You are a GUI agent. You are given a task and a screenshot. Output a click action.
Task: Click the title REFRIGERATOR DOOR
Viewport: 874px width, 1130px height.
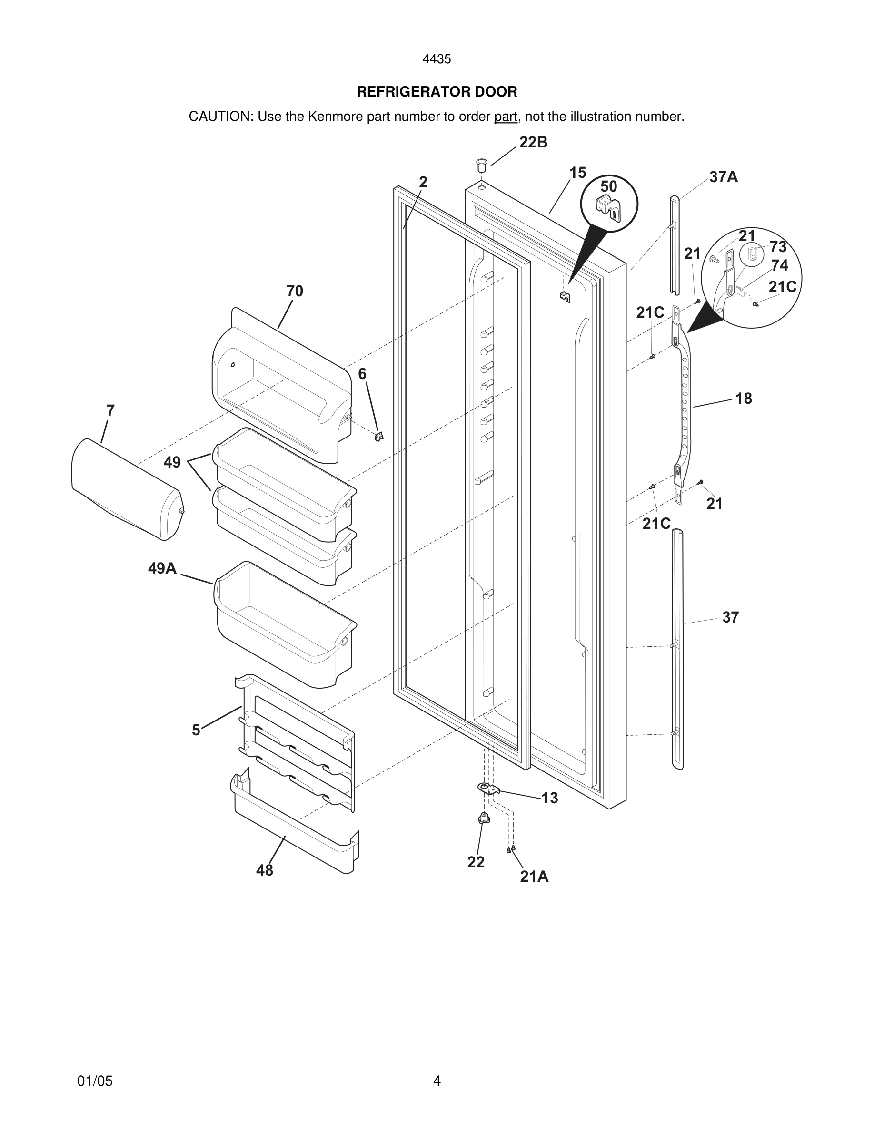[x=437, y=92]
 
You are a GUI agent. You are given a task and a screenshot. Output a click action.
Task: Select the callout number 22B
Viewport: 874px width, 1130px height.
[x=533, y=143]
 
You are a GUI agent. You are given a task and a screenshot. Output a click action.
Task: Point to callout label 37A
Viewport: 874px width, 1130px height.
[x=723, y=177]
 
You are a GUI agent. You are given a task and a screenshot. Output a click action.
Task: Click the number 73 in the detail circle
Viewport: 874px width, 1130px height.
[x=778, y=247]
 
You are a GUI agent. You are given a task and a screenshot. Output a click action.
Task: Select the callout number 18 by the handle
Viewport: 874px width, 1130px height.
[x=744, y=399]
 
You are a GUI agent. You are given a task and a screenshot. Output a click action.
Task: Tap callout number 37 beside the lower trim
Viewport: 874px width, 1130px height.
[x=730, y=617]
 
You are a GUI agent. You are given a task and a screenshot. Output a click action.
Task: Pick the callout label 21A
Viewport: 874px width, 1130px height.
[x=534, y=877]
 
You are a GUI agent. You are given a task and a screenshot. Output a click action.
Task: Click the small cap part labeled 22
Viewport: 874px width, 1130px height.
[x=484, y=818]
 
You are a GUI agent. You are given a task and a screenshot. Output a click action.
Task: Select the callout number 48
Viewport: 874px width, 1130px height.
[x=265, y=870]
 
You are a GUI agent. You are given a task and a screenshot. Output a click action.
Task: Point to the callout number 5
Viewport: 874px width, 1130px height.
[x=196, y=730]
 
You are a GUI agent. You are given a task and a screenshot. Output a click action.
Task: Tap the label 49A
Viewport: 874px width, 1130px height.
[x=162, y=569]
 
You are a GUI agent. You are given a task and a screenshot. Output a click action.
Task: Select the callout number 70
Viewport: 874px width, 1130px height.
[x=295, y=291]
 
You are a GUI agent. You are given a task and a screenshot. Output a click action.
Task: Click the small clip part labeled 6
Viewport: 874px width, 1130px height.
[x=379, y=436]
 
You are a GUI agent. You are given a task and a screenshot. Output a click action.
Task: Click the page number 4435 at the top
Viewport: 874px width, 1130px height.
[x=437, y=59]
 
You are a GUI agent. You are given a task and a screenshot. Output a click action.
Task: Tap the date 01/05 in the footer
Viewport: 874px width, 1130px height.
[x=95, y=1081]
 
